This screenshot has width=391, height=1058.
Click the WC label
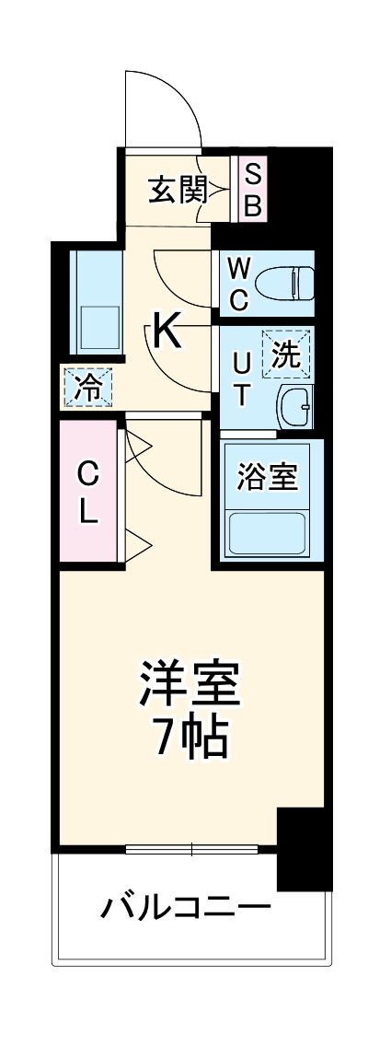(238, 283)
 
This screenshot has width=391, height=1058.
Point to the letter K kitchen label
(167, 330)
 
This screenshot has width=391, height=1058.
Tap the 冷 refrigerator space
(87, 386)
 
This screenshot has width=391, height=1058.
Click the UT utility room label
(240, 377)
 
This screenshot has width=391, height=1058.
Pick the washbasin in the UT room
(296, 404)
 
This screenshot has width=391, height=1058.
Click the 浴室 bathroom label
(267, 478)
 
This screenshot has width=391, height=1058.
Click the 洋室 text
(190, 683)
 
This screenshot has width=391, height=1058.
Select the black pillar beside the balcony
(304, 848)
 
